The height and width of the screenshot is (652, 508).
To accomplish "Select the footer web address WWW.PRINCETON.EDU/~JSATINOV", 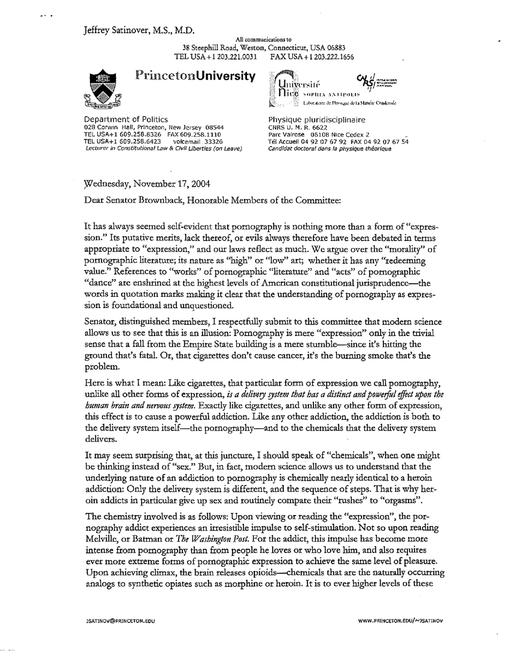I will [x=402, y=621].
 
